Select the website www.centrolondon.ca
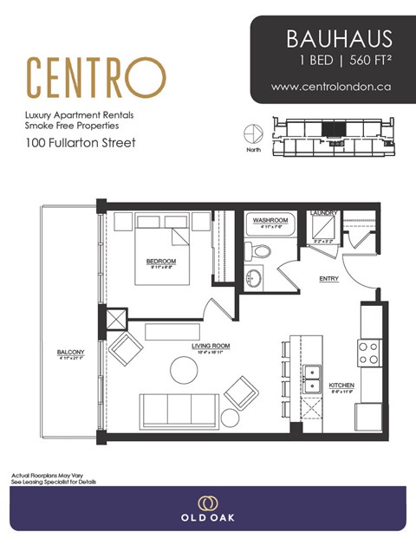(x=333, y=87)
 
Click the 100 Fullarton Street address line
(x=81, y=143)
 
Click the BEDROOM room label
(x=160, y=262)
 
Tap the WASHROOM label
(x=270, y=221)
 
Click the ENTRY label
(x=328, y=279)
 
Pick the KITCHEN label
(x=341, y=384)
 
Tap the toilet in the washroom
(x=257, y=251)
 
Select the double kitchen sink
(x=313, y=378)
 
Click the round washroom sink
(x=253, y=279)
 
